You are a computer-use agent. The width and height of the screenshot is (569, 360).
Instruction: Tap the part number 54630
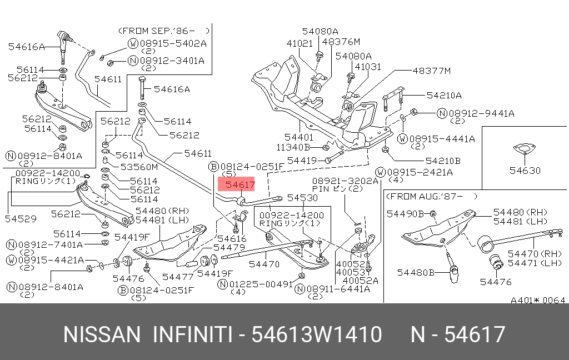(525, 171)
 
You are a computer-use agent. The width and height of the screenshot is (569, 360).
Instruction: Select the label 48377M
(431, 71)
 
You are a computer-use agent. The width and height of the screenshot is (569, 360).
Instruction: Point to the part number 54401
(299, 137)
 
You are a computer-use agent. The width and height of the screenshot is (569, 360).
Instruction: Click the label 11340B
(293, 147)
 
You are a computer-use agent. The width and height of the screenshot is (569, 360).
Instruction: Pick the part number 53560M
(139, 167)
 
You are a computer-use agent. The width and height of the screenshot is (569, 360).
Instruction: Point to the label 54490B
(406, 213)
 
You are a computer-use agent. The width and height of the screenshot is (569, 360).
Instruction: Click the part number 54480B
(416, 272)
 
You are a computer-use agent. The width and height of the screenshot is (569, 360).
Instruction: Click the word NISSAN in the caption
(102, 335)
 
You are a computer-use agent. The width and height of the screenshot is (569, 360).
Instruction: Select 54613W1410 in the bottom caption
(317, 335)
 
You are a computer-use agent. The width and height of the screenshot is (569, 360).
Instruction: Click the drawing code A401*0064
(538, 301)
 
